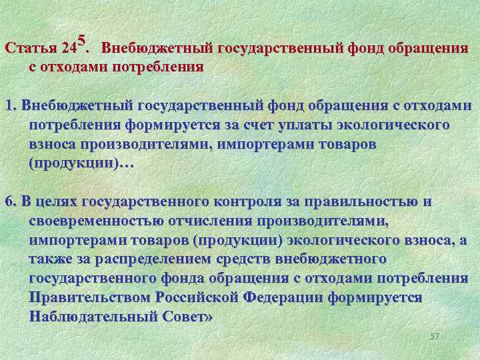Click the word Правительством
tap(91, 297)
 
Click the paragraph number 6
tap(9, 203)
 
